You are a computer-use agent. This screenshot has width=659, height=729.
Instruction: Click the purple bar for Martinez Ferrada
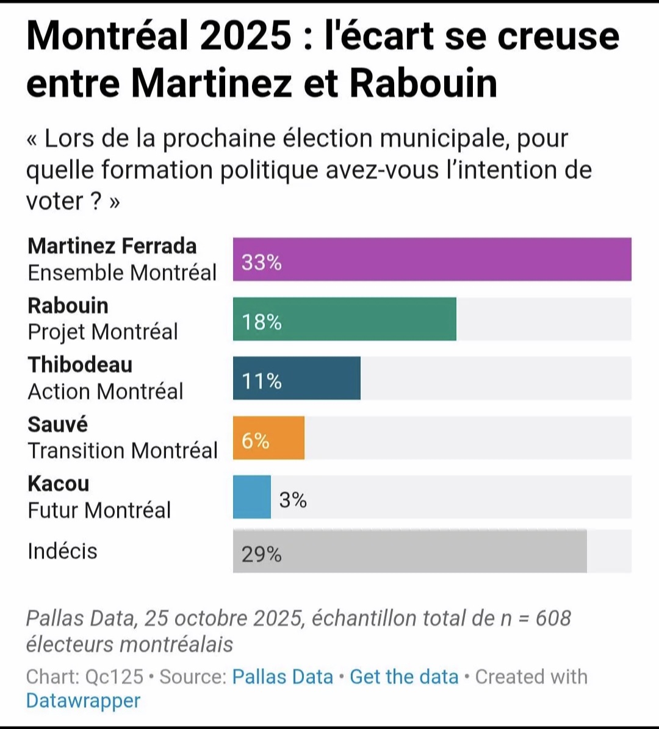point(432,260)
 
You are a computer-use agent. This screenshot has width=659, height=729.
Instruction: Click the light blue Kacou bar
point(251,497)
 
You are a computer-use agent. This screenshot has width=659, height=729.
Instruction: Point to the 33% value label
point(261,262)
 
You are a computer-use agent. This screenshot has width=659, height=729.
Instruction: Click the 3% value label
point(293,500)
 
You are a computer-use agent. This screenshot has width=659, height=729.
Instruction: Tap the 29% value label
point(261,554)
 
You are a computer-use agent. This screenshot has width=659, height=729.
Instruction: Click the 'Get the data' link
point(404,677)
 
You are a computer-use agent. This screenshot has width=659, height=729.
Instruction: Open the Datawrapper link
point(83,701)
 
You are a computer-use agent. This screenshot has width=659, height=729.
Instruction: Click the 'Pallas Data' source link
point(283,677)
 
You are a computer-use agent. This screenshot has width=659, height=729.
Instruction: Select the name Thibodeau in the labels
point(80,364)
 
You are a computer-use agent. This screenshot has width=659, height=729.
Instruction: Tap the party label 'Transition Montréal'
point(123,450)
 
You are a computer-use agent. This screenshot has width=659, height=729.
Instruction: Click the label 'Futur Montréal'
point(99,510)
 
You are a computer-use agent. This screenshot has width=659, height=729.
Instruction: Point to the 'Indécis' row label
point(62,551)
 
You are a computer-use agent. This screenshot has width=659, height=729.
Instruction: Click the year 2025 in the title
point(245,35)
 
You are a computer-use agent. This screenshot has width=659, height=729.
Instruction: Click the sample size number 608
point(553,618)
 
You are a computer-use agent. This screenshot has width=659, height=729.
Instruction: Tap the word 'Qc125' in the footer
point(114,677)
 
